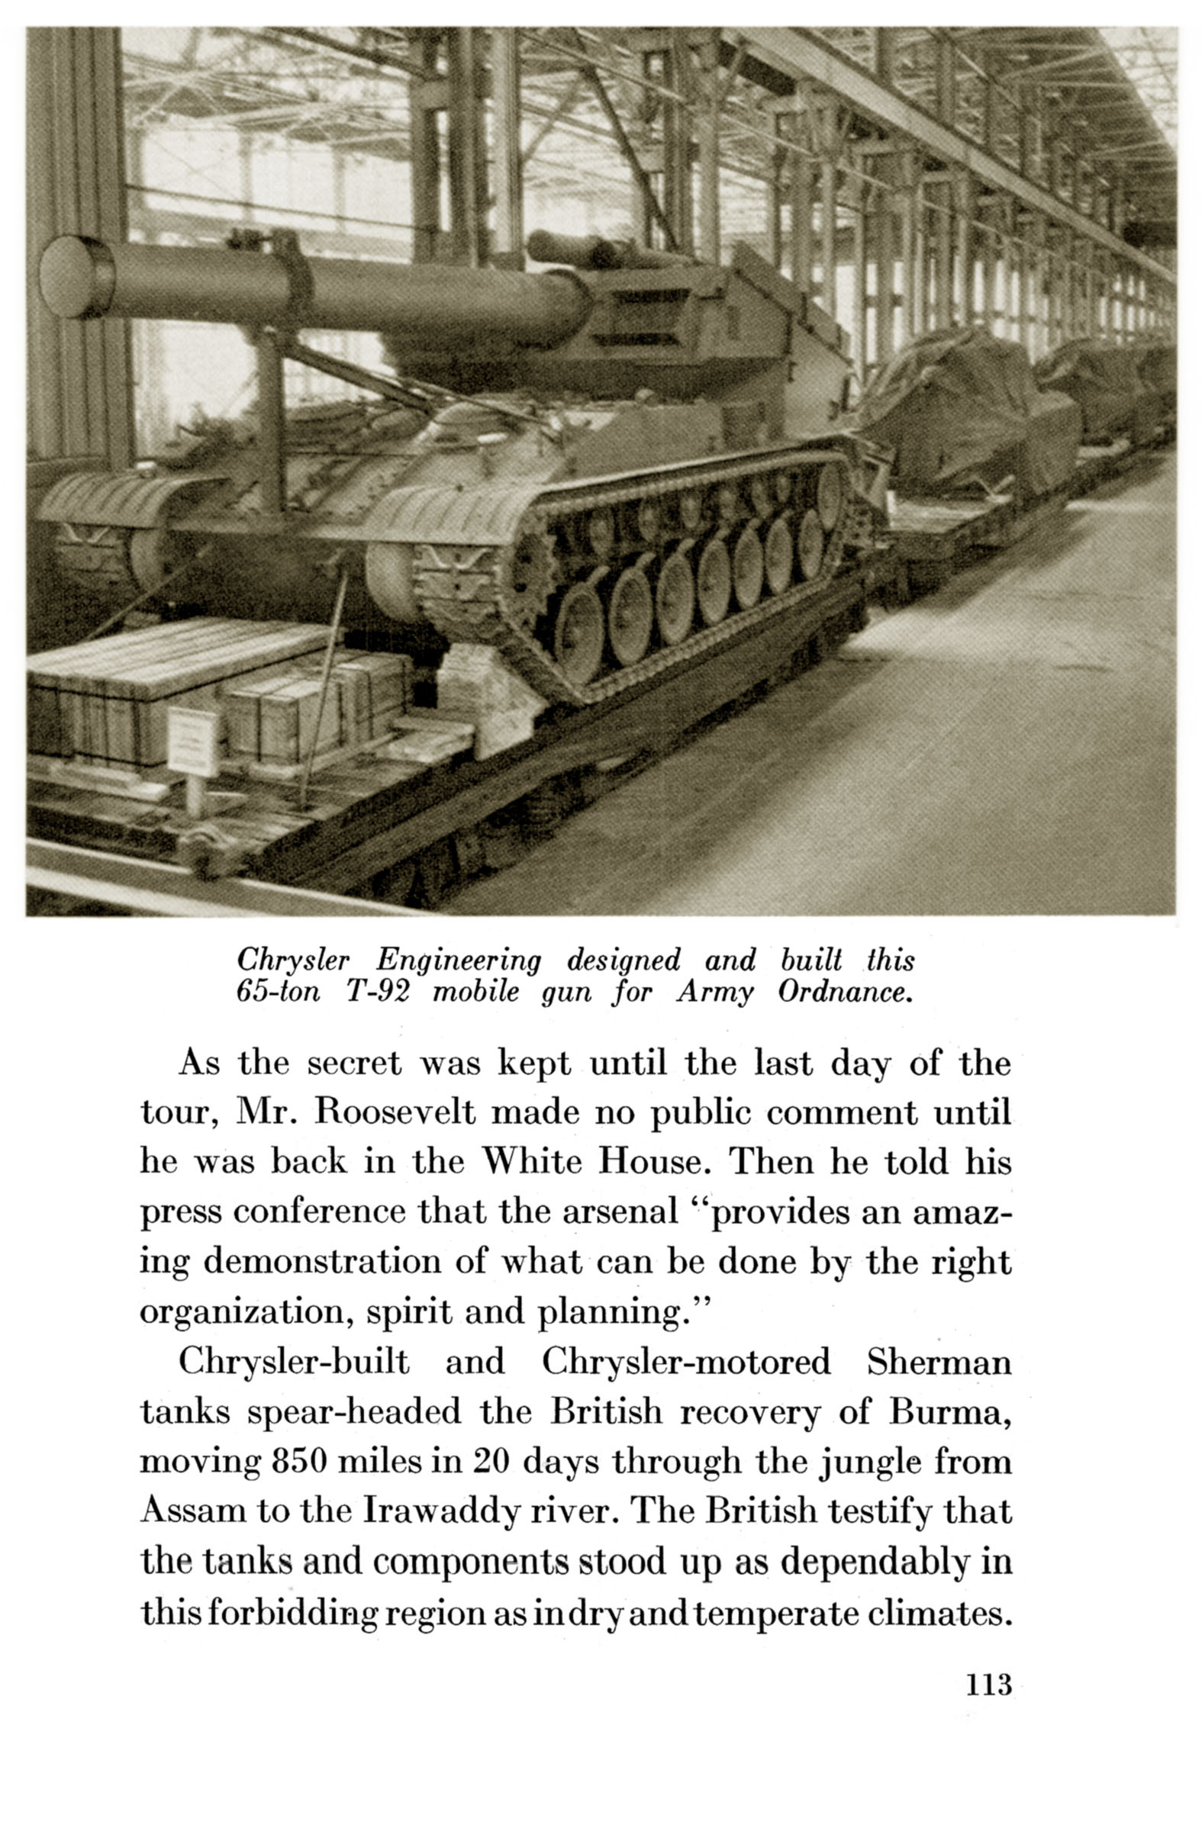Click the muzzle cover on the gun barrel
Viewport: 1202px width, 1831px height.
click(x=76, y=277)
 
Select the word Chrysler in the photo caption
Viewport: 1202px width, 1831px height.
click(x=292, y=961)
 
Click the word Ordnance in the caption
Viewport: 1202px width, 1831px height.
click(x=845, y=993)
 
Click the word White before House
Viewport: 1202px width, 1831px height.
click(x=530, y=1162)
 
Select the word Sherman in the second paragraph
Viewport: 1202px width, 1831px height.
click(x=938, y=1363)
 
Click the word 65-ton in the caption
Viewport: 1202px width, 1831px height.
click(x=277, y=993)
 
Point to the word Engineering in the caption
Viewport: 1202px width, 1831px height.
click(x=458, y=961)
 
